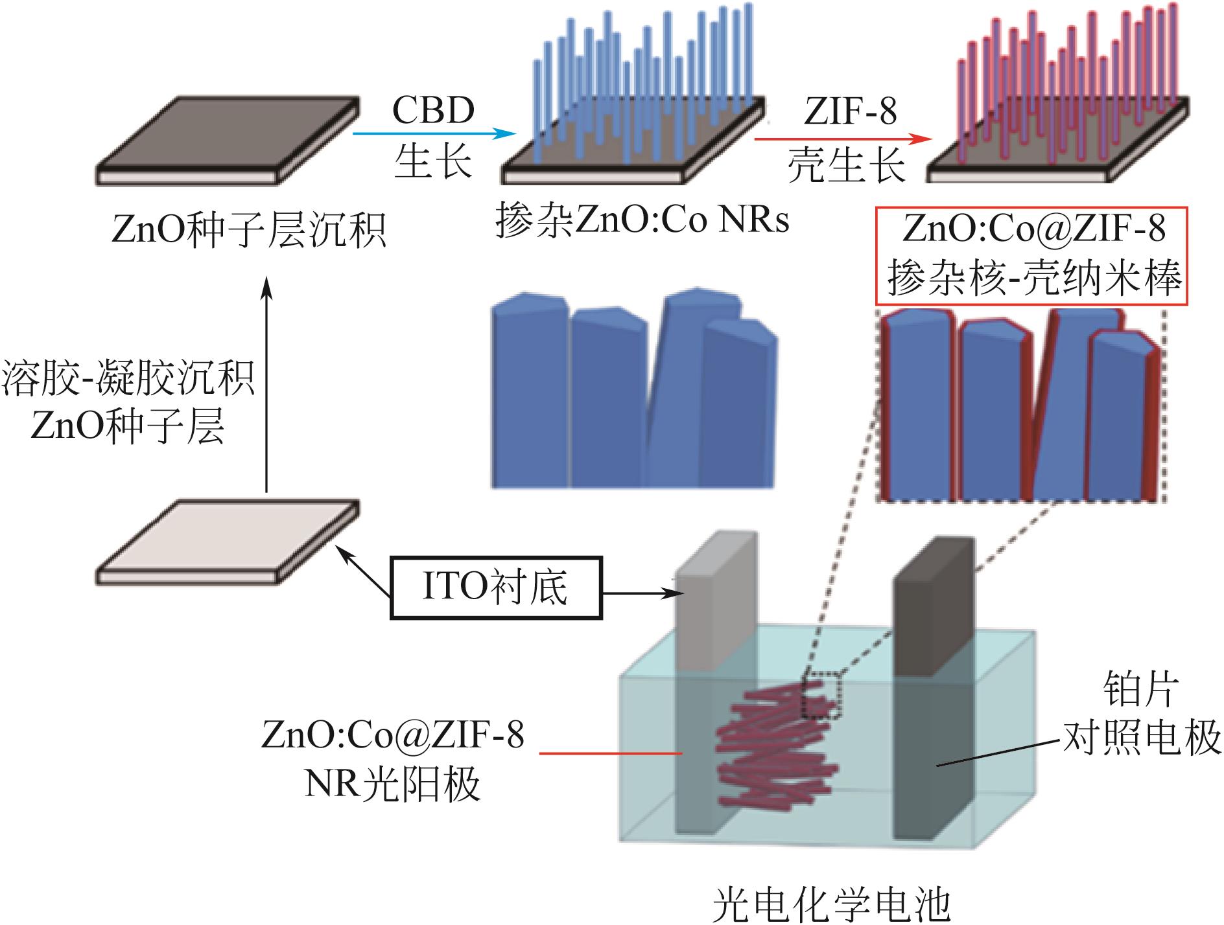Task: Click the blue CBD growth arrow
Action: click(433, 134)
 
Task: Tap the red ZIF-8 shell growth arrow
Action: click(843, 139)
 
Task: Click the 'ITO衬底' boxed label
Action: click(496, 588)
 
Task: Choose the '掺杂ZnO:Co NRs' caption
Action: click(642, 220)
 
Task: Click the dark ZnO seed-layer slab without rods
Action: click(227, 139)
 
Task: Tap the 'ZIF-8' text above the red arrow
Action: click(850, 111)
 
